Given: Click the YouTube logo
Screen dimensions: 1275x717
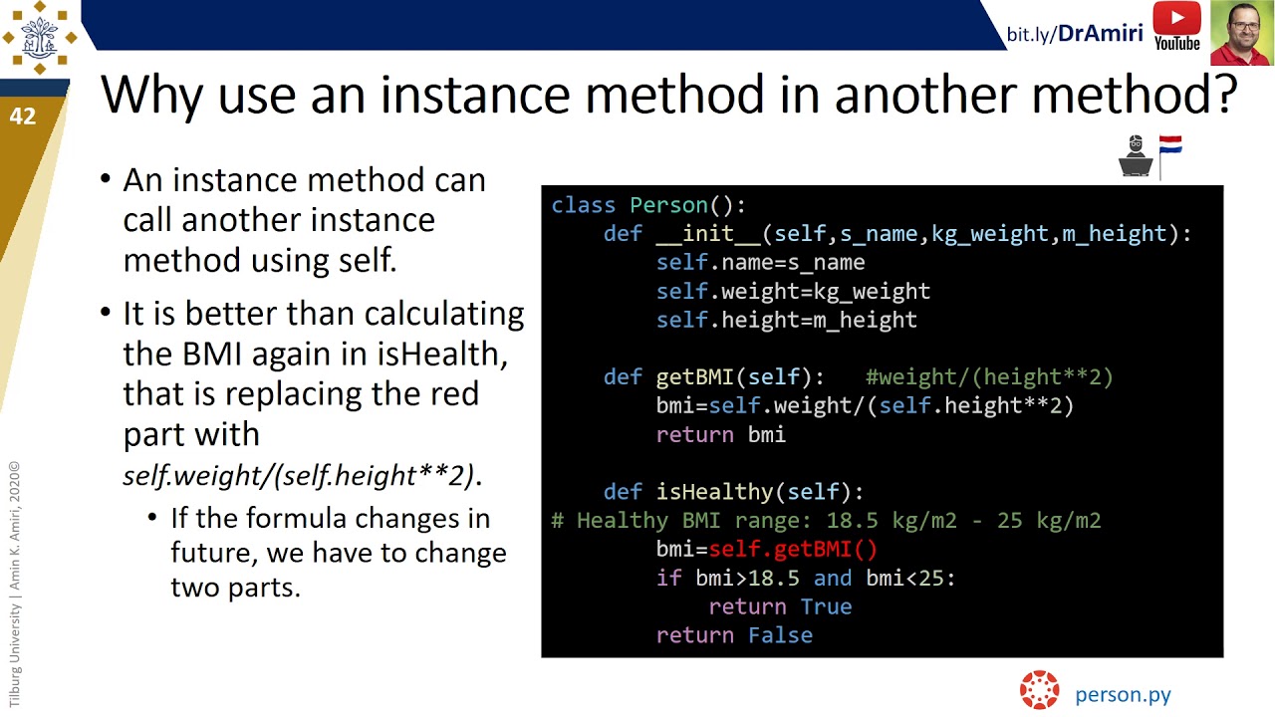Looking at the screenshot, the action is tap(1176, 26).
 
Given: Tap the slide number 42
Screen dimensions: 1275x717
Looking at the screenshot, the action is tap(23, 117).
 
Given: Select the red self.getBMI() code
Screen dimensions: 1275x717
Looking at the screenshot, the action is tap(793, 549).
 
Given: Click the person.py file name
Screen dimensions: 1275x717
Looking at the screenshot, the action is tap(1123, 695).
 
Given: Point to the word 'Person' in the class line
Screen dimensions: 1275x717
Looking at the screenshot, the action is tap(668, 205).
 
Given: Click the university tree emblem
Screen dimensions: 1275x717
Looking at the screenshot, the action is tap(39, 38).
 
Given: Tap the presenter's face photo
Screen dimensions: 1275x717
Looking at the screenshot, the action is tap(1241, 33).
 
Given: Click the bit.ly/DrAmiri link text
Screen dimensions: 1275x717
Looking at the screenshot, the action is tap(1075, 34).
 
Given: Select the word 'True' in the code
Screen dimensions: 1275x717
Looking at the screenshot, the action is tap(826, 606).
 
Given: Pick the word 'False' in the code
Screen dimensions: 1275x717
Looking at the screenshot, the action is tap(780, 635).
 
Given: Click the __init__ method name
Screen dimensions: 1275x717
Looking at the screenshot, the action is tap(708, 234).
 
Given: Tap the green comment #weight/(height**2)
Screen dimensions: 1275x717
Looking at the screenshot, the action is tap(989, 377).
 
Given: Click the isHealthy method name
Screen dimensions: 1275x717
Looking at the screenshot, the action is tap(715, 492).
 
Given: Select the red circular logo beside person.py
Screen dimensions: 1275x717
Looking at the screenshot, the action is tap(1039, 690).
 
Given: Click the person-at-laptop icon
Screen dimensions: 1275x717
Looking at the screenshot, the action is tap(1137, 156).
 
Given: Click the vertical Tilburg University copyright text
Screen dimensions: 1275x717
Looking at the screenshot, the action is tap(15, 585).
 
